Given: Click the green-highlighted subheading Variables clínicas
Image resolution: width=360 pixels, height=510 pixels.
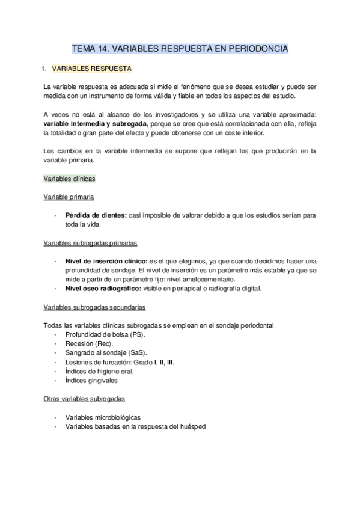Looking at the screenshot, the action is pos(70,179).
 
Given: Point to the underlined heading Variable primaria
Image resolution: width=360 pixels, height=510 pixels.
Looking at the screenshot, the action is pos(68,197).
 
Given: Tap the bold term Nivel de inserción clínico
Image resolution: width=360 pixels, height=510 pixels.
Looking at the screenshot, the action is pos(106,262).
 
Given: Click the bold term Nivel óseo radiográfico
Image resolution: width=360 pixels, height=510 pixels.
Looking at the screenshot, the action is pos(103,289).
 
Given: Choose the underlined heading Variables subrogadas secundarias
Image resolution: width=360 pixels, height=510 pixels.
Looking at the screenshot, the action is pos(94,307).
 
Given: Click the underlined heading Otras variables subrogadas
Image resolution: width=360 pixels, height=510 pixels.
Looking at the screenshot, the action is pos(84,399).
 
